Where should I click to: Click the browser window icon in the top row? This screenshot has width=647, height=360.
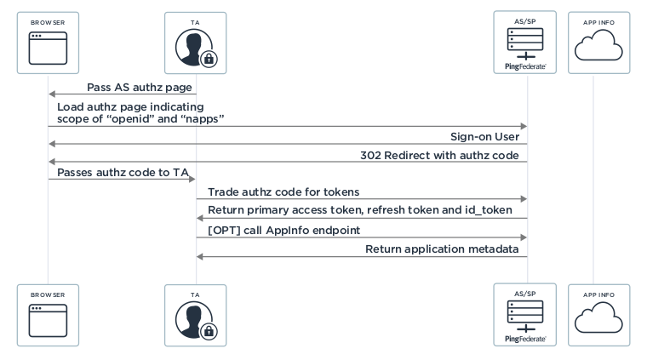point(48,48)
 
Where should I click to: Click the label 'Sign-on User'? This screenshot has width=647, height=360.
point(484,137)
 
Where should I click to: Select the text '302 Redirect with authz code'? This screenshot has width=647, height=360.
point(443,153)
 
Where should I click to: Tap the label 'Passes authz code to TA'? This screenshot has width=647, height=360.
point(122,172)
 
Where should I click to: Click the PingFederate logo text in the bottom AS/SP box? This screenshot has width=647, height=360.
point(524,338)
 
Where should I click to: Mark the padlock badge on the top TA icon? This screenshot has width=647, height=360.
point(209,59)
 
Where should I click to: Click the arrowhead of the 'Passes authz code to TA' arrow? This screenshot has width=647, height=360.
point(192,180)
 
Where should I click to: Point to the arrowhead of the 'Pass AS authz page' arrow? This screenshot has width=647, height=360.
point(52,94)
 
